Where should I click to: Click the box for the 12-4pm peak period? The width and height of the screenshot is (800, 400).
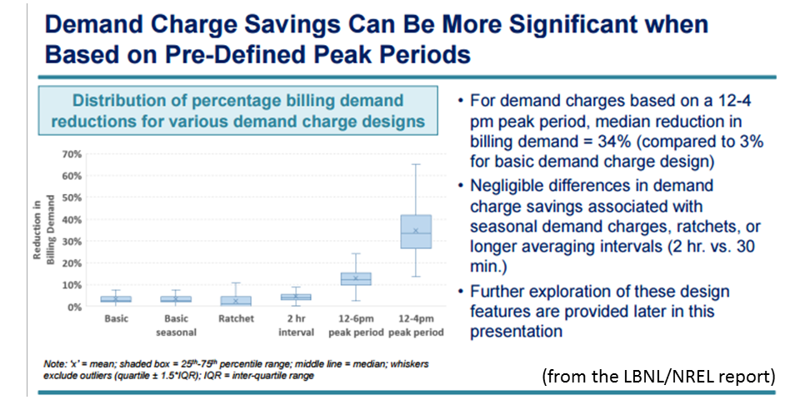tap(416, 232)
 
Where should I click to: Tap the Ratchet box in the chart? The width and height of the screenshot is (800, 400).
tap(236, 301)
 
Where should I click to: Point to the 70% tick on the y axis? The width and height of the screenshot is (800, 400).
tap(71, 155)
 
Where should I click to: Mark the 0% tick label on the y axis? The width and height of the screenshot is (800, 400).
tap(74, 307)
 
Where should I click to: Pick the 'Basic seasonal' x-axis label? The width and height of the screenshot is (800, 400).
tap(176, 325)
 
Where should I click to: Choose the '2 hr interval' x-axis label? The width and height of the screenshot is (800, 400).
tap(296, 325)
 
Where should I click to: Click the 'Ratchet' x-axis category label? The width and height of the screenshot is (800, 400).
tap(236, 319)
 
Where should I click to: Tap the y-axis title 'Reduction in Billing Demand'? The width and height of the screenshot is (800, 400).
tap(43, 231)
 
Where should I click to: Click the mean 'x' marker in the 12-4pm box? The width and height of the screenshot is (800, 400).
tap(416, 231)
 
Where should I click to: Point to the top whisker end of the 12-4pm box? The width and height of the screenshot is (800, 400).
tap(416, 164)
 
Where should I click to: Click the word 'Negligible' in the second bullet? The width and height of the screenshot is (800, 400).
tap(514, 186)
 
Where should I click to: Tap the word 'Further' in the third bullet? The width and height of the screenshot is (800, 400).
tap(502, 292)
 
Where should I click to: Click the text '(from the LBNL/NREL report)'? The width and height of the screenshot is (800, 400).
tap(658, 376)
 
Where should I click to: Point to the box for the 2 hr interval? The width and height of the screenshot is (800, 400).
tap(296, 297)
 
